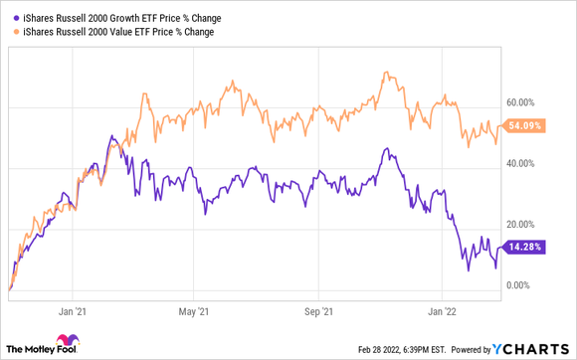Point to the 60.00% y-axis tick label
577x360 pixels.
(x=521, y=101)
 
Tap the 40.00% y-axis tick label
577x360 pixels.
(x=521, y=163)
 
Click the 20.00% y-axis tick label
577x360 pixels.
(x=521, y=225)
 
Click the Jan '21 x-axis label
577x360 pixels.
(x=74, y=309)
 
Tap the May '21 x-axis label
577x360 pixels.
(x=196, y=309)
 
